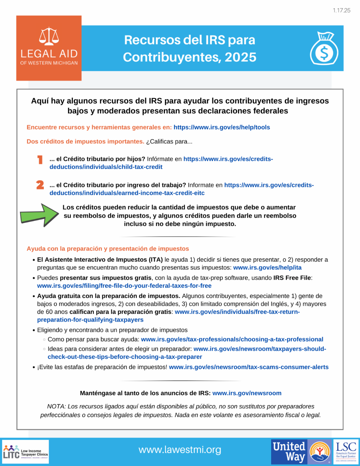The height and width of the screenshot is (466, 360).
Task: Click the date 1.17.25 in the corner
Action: (341, 11)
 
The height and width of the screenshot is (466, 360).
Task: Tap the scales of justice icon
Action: (49, 36)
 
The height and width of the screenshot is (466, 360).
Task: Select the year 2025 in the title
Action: (241, 57)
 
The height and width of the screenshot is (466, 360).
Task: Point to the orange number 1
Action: (40, 160)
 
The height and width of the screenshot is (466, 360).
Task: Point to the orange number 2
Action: (40, 185)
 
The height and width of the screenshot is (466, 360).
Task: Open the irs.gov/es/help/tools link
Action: (222, 127)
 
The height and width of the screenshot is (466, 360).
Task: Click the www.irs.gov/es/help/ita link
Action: (267, 267)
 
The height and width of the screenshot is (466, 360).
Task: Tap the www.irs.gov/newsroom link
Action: (247, 393)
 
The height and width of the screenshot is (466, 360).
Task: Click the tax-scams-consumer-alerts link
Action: (249, 367)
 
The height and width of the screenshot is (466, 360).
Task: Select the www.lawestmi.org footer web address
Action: (180, 450)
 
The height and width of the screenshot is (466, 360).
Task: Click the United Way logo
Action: (301, 452)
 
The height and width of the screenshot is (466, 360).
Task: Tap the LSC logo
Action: (346, 452)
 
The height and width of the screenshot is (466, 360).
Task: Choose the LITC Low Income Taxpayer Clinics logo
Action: (25, 452)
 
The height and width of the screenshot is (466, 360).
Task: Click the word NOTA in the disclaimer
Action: (56, 406)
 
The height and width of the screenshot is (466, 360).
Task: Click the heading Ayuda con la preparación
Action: (108, 248)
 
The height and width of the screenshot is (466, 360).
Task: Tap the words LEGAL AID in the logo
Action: (49, 54)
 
